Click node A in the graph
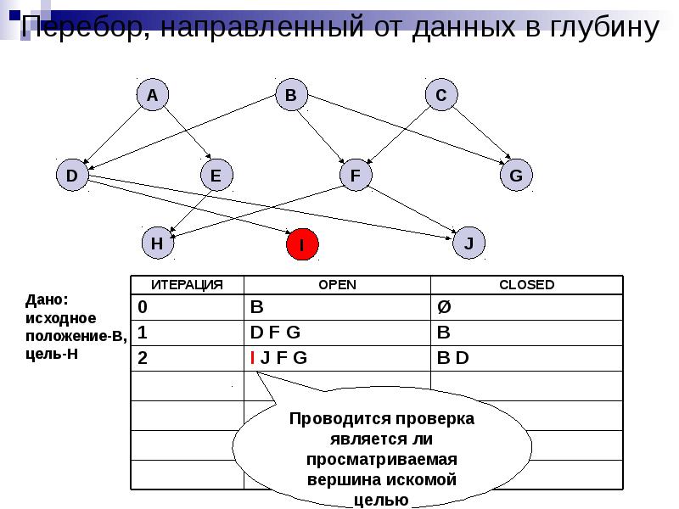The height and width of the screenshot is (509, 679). (152, 96)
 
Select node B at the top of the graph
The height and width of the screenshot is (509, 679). (290, 96)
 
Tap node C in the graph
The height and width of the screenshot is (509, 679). (441, 96)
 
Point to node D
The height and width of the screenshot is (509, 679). (72, 176)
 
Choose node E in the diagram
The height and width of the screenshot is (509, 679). (216, 176)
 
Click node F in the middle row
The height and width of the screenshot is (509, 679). (356, 176)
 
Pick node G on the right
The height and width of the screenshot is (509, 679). (515, 176)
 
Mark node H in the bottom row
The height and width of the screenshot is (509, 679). (157, 243)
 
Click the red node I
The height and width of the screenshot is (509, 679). (301, 245)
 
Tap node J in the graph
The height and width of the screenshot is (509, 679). (469, 243)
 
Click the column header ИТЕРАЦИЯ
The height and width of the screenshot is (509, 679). (187, 285)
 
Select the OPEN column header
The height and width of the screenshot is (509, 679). (337, 285)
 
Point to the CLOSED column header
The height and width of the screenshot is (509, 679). (526, 285)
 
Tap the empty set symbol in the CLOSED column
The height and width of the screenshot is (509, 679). (443, 306)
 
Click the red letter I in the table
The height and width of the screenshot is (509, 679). (253, 358)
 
